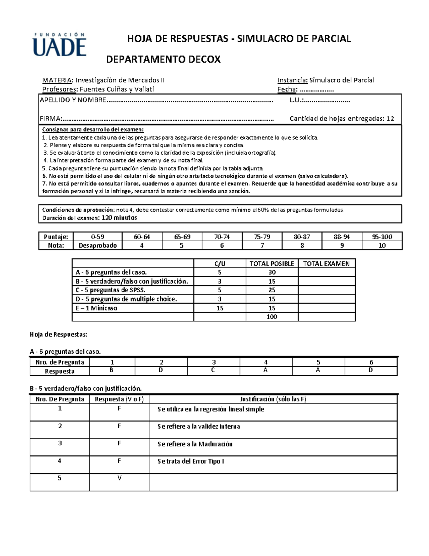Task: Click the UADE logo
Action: coord(60,45)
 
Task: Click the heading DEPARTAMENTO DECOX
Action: coord(163,59)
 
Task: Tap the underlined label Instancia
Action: coord(292,80)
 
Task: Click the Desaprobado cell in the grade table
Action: coord(98,246)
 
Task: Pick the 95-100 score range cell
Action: coord(382,237)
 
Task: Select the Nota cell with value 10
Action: coord(382,246)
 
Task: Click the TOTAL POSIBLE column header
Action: coord(272,264)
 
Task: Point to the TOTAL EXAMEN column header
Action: coord(326,264)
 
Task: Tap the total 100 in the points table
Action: coord(272,317)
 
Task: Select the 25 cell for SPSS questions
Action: coord(272,290)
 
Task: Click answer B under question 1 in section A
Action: coord(112,370)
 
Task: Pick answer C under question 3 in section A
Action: coord(213,370)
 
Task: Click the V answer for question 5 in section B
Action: coord(119,478)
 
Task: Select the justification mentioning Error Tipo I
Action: coord(191,461)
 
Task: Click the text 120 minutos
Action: coord(119,218)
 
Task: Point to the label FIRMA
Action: coord(50,119)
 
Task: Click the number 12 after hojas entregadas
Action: coord(390,119)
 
